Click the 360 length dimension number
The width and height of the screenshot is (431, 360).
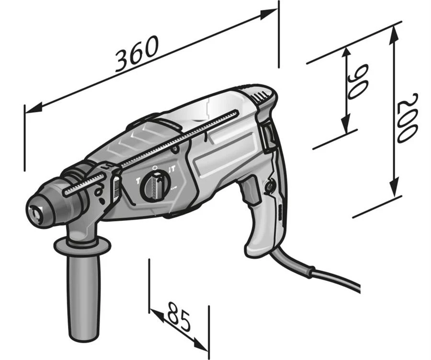point(137,54)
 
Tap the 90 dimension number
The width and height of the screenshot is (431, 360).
point(358,82)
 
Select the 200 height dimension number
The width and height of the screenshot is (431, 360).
point(408,118)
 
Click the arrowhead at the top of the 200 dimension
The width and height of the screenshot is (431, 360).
point(394,35)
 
